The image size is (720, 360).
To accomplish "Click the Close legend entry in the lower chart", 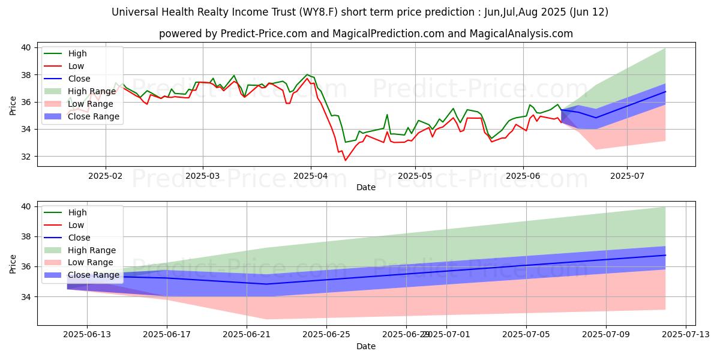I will pos(79,238).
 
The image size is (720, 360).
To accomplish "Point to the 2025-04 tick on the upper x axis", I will pos(311,176).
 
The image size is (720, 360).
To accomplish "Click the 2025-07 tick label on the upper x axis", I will pos(627,176).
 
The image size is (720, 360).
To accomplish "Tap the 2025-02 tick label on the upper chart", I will pos(106,176).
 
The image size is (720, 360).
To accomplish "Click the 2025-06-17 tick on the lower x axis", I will pos(167,335).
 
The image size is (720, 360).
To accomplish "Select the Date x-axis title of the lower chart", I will pos(366,346).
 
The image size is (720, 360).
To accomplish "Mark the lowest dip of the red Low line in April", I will pos(345,160).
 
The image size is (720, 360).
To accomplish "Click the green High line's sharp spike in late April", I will pos(387,115).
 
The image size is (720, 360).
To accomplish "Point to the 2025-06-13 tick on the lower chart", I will pos(87,335).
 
